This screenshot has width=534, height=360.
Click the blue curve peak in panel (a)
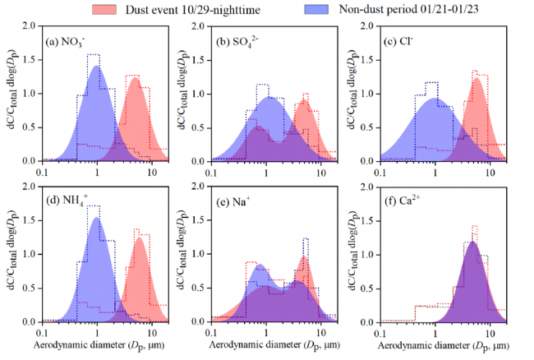(97, 67)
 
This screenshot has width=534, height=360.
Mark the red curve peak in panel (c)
(475, 79)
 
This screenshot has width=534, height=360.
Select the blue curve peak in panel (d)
(96, 218)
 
